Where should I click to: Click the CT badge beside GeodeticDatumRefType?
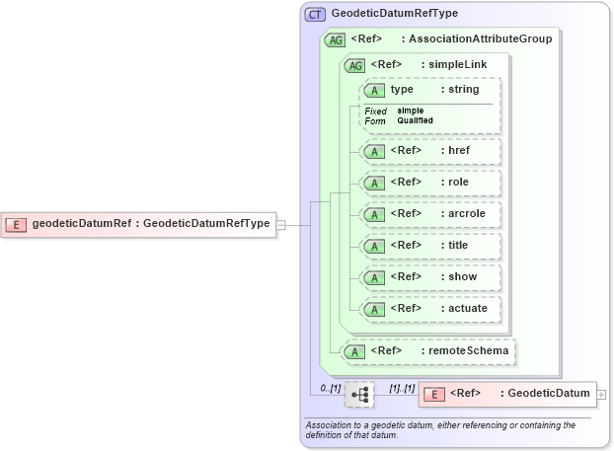click(x=315, y=15)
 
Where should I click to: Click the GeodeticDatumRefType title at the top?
click(x=394, y=15)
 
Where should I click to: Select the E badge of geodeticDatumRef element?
click(x=16, y=224)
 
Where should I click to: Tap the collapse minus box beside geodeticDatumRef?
click(x=281, y=224)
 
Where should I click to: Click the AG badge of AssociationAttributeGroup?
click(x=335, y=39)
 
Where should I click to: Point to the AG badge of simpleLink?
click(x=353, y=65)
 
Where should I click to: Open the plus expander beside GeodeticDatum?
click(x=602, y=395)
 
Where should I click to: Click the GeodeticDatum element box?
click(x=507, y=395)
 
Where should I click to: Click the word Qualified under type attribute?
click(x=416, y=120)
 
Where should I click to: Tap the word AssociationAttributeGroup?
click(x=481, y=39)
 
